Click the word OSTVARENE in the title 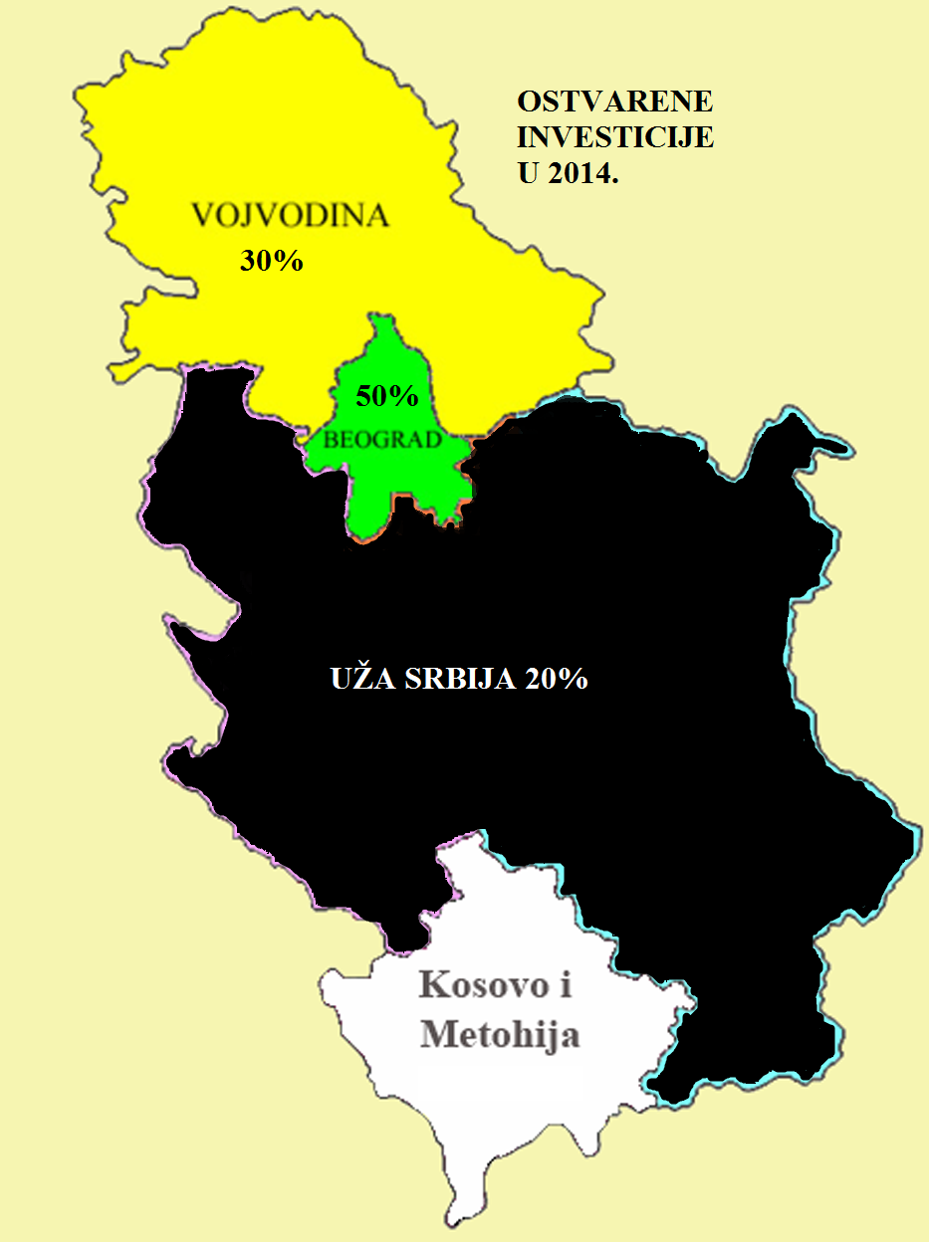(x=615, y=103)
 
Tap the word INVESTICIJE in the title (x=615, y=137)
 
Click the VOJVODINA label (x=290, y=216)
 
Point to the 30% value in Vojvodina (x=271, y=262)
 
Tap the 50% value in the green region (x=386, y=396)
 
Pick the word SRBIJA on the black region (x=456, y=680)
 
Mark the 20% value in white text (x=554, y=680)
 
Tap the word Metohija (x=500, y=1035)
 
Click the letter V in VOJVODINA (x=203, y=216)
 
